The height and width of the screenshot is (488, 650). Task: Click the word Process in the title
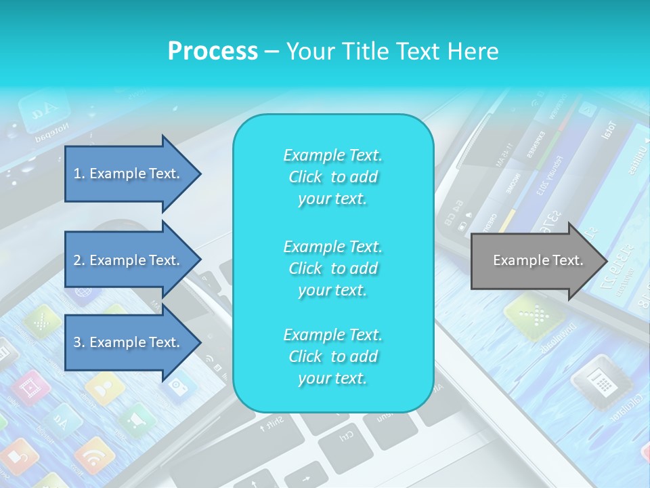(213, 52)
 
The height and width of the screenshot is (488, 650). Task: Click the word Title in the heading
(363, 52)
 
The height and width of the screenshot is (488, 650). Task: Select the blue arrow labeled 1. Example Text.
(129, 174)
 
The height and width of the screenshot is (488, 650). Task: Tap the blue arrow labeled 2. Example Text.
(129, 260)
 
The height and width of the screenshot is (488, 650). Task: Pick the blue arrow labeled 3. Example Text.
(129, 342)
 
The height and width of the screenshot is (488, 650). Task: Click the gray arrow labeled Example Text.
(535, 260)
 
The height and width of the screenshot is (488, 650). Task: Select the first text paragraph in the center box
(332, 177)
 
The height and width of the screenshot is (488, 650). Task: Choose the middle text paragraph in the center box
(332, 268)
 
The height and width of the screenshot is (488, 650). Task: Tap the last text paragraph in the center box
(332, 357)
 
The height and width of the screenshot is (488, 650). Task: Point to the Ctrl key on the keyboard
(345, 434)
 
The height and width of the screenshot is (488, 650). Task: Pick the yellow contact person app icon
(104, 389)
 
